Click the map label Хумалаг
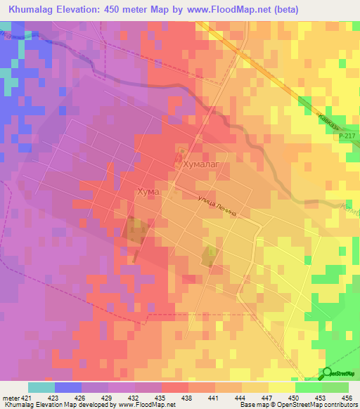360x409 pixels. (x=202, y=164)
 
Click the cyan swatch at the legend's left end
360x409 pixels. (x=41, y=387)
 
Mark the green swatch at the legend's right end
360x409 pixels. (x=335, y=387)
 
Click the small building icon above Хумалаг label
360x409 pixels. (x=181, y=151)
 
